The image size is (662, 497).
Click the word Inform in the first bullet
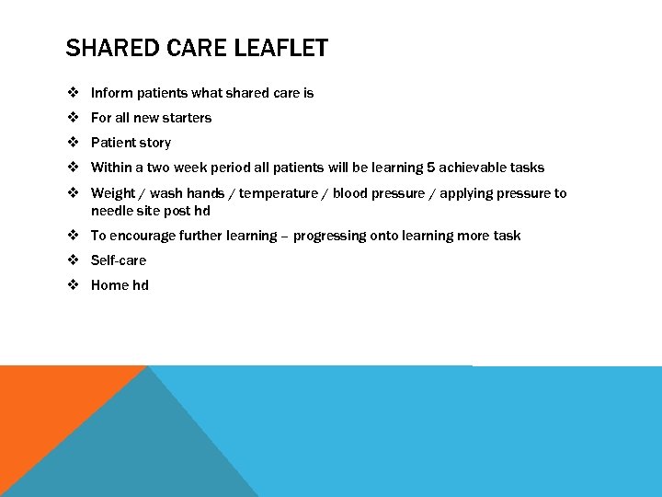point(112,93)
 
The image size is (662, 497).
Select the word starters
point(187,118)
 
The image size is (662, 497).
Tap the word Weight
point(113,193)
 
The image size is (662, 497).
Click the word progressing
point(329,236)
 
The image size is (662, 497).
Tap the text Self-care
point(119,260)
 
